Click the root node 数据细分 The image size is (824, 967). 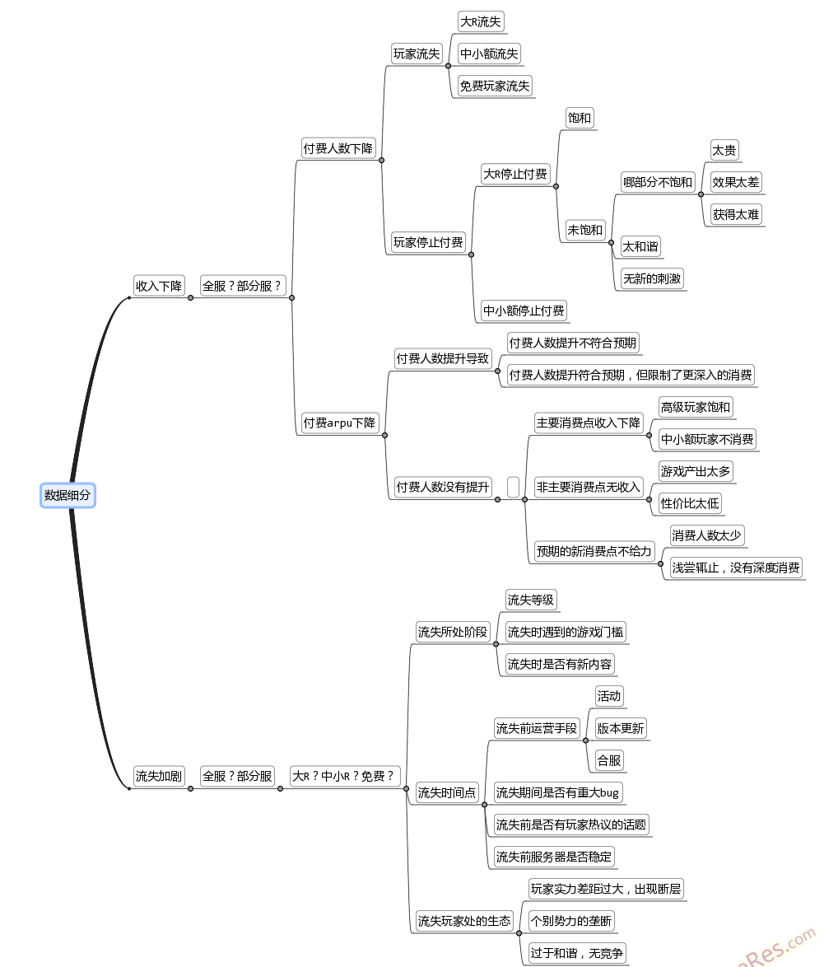(x=68, y=495)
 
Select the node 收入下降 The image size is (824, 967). (x=159, y=286)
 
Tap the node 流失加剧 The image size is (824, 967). (x=159, y=776)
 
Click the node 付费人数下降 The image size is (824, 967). (x=338, y=149)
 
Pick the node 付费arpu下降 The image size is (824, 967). (x=339, y=423)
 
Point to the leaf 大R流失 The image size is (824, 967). (x=481, y=22)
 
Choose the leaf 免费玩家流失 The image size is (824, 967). (x=495, y=86)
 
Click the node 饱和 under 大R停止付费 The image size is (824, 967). (x=579, y=118)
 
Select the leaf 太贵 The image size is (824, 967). (x=724, y=150)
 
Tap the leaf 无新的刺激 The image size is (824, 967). (x=652, y=278)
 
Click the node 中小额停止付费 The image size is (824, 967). (x=524, y=311)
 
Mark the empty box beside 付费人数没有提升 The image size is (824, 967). (x=513, y=487)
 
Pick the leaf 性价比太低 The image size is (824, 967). (x=690, y=503)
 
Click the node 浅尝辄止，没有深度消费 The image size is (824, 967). (x=736, y=568)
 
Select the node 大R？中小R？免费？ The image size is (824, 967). (x=343, y=776)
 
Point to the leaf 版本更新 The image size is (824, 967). (x=621, y=728)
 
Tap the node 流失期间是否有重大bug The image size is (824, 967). (x=556, y=792)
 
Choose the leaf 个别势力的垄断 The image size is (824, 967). (x=571, y=921)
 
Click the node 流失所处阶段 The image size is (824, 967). (x=453, y=633)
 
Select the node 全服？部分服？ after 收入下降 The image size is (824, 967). (x=242, y=286)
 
